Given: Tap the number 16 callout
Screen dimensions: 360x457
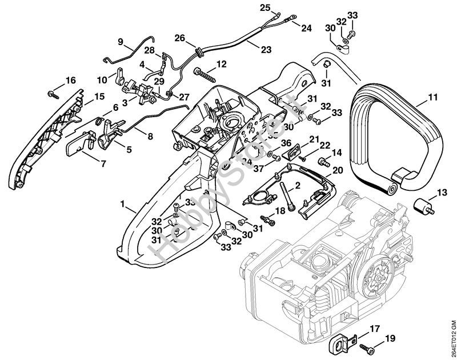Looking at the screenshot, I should tap(70, 79).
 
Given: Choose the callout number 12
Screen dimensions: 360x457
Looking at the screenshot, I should tap(222, 63).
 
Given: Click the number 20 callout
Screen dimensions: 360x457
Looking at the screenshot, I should tap(337, 170).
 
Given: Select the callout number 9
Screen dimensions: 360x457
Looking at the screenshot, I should tap(121, 41).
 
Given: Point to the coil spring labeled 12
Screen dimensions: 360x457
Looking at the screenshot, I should tap(207, 74).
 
